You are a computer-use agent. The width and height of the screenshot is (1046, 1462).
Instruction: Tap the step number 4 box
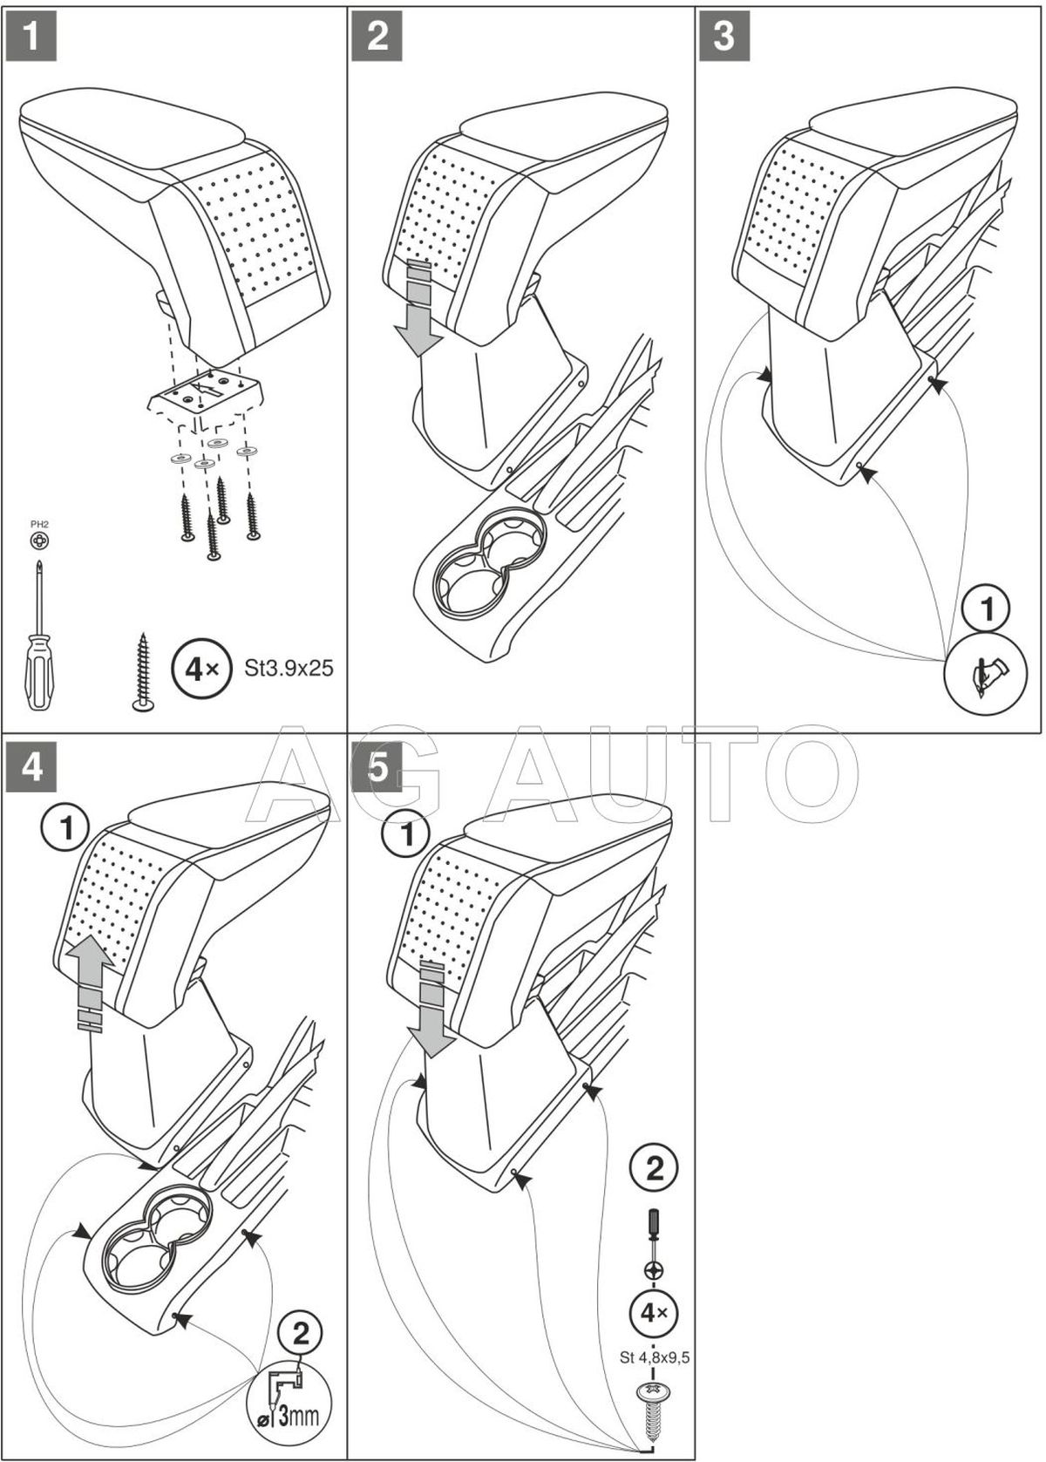click(31, 769)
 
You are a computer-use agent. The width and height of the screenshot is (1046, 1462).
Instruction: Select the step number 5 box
click(377, 769)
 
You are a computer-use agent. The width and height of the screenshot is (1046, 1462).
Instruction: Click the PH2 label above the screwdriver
click(41, 524)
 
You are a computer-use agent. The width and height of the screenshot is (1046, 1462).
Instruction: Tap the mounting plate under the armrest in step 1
click(206, 397)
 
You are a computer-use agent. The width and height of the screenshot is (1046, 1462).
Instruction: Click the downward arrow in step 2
click(418, 309)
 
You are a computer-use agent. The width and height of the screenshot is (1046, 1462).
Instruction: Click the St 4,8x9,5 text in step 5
click(654, 1356)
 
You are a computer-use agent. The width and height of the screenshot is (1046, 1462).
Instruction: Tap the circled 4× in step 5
click(654, 1312)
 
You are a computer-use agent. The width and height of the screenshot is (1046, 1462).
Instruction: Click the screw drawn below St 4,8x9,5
click(654, 1404)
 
